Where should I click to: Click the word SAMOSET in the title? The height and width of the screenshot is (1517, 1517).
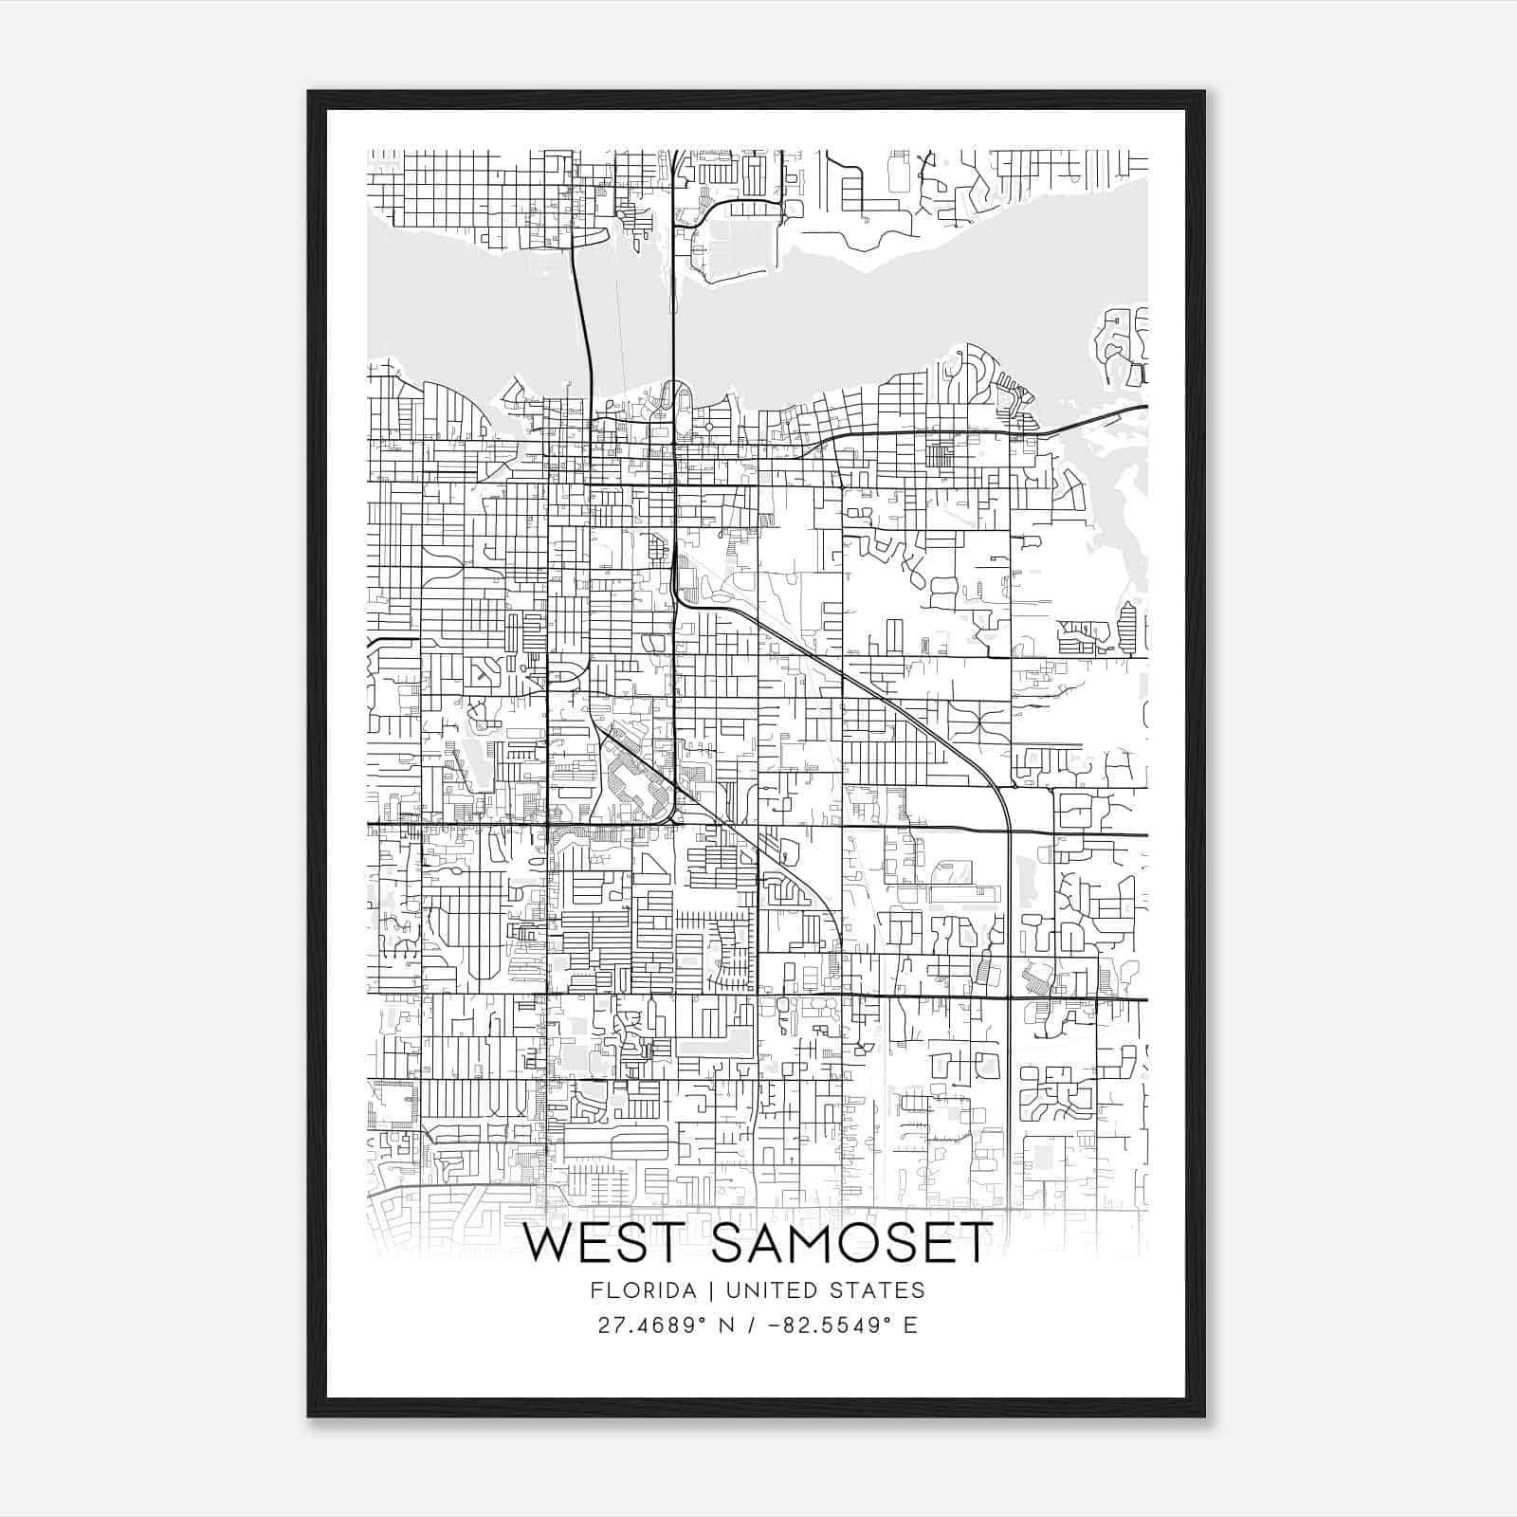coord(851,1244)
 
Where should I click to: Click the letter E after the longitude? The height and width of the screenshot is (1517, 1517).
coord(910,1325)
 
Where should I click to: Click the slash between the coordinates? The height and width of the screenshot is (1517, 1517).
coord(752,1325)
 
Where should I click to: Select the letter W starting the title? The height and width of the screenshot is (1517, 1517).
coord(547,1244)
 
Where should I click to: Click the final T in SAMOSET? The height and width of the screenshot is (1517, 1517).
coord(976,1244)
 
